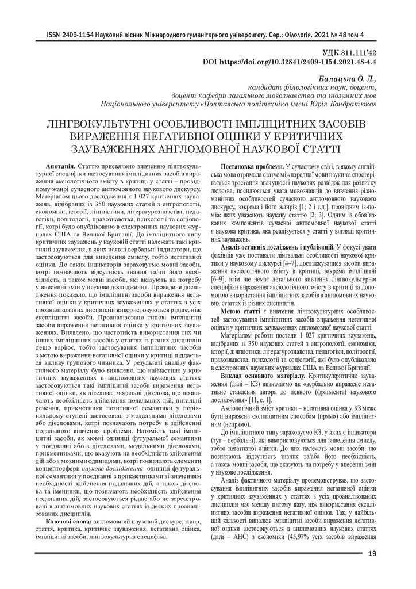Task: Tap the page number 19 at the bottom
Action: pos(372,554)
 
